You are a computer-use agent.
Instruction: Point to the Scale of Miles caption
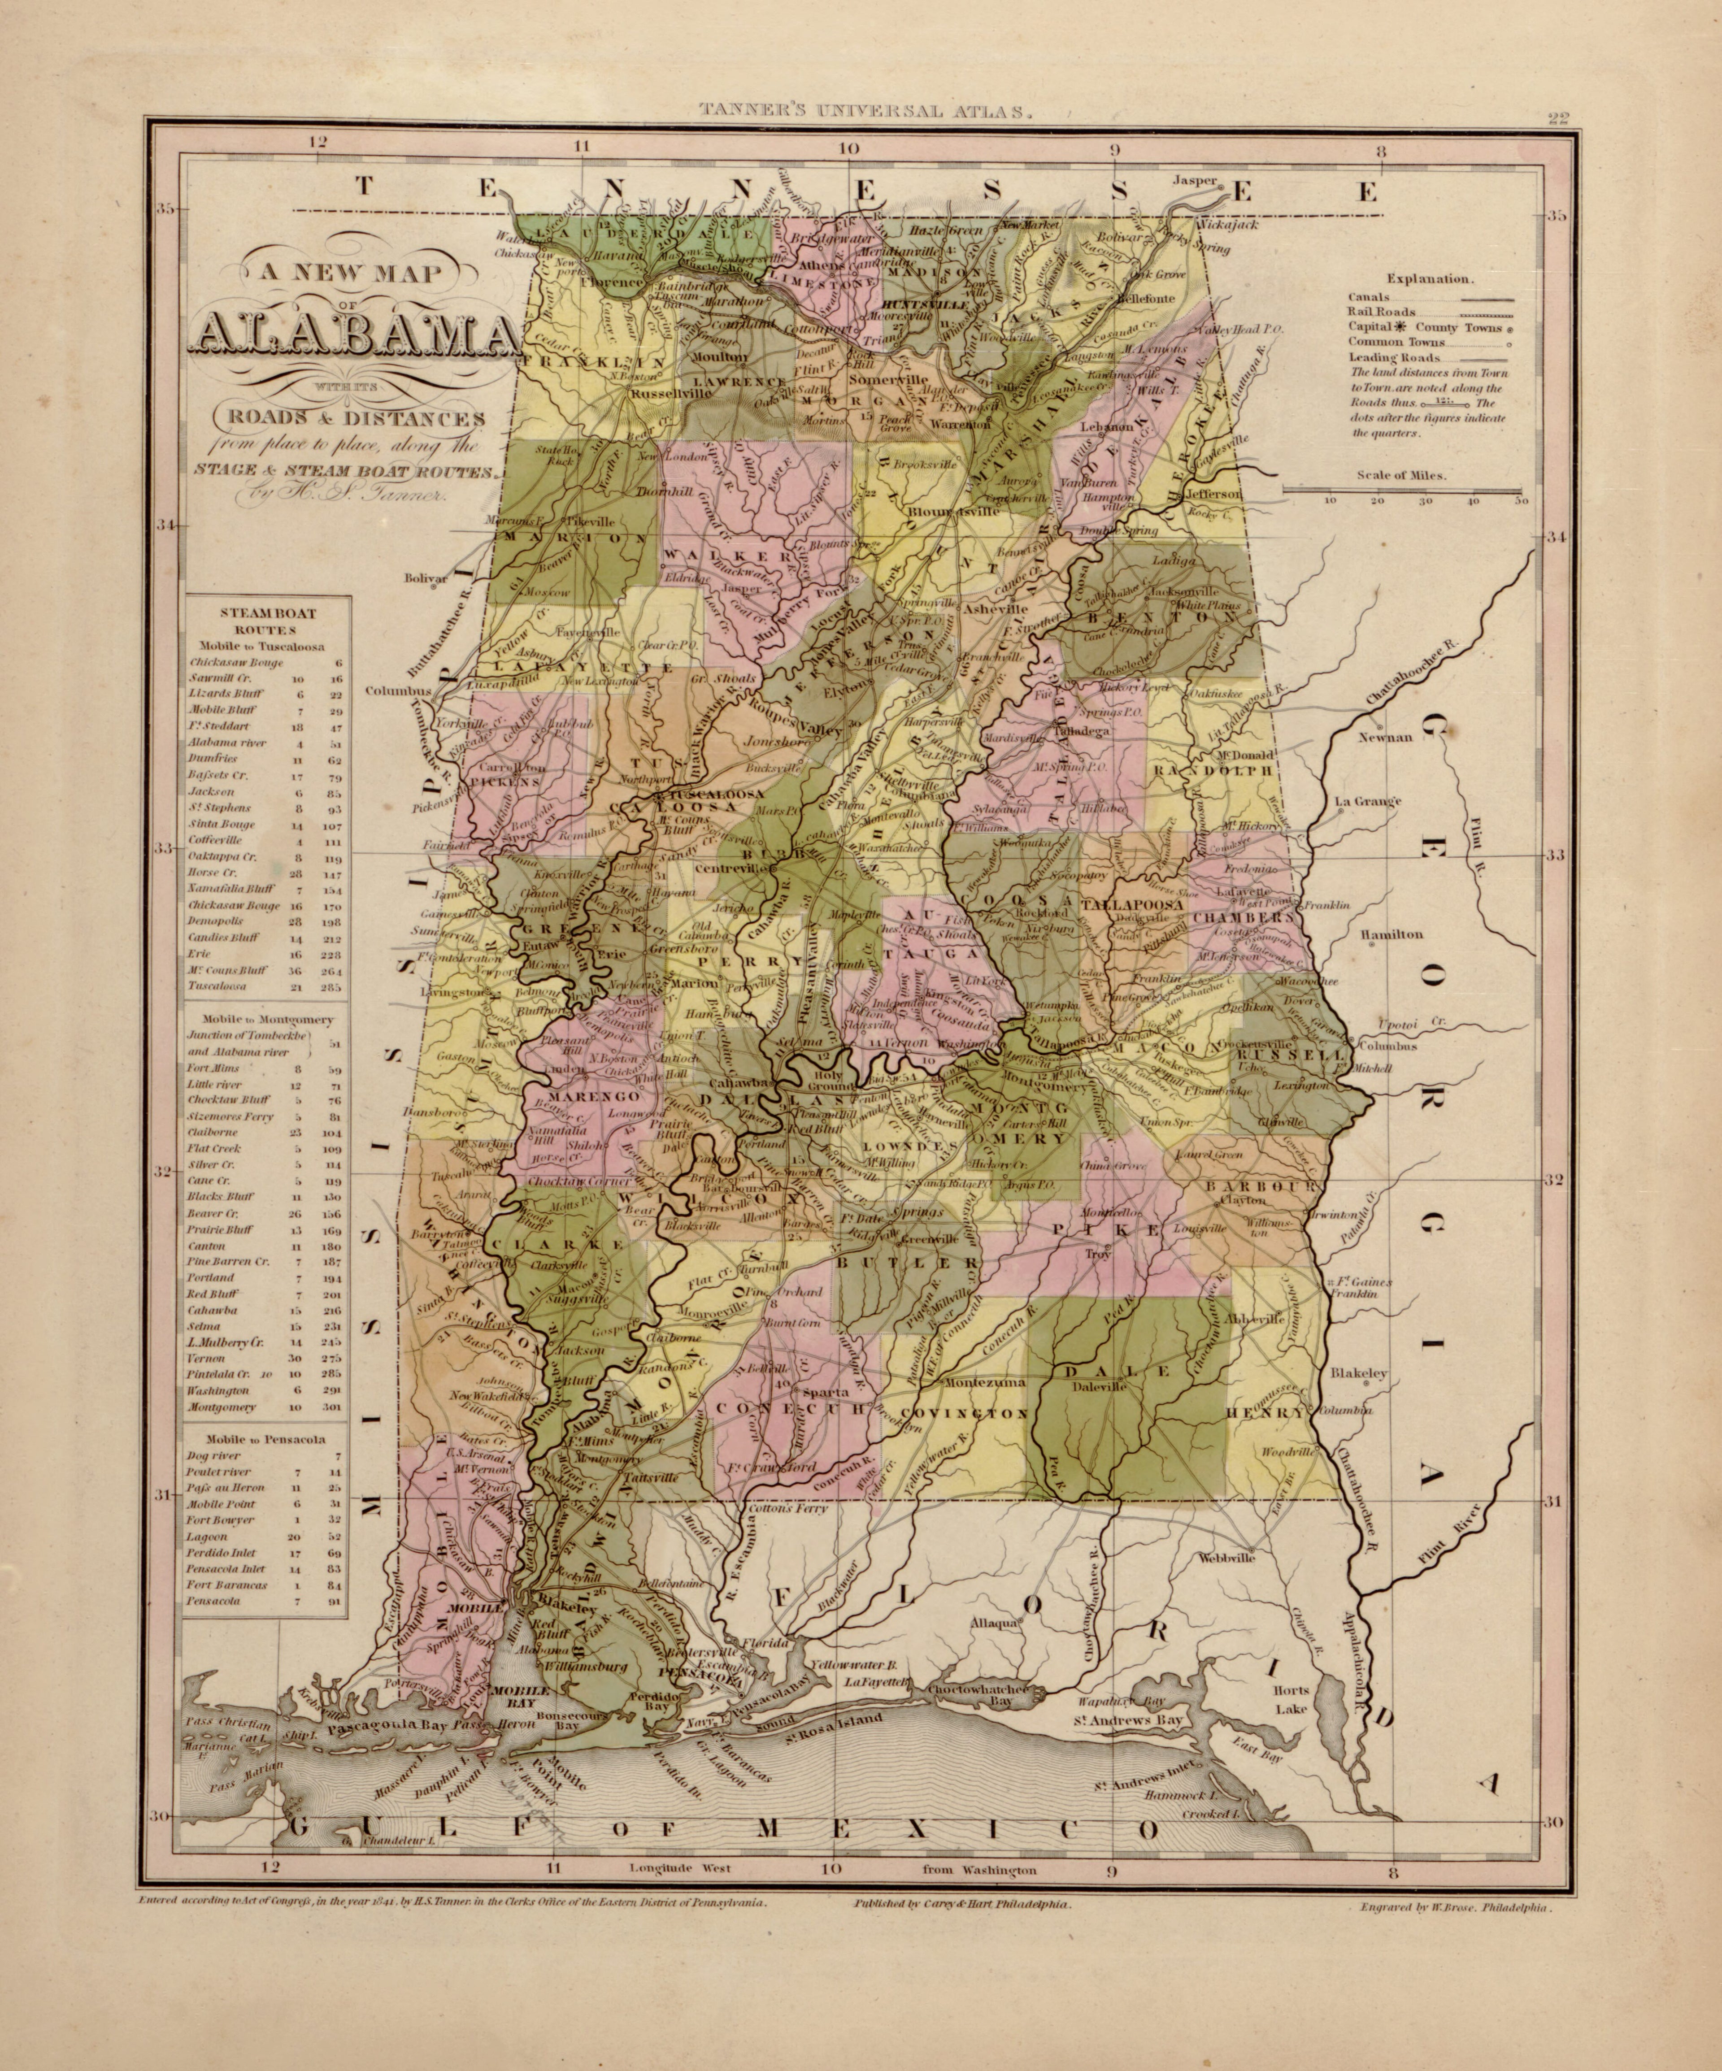coord(1400,474)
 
